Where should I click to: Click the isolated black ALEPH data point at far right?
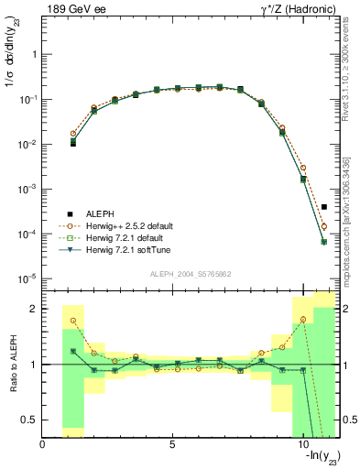click(x=324, y=207)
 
